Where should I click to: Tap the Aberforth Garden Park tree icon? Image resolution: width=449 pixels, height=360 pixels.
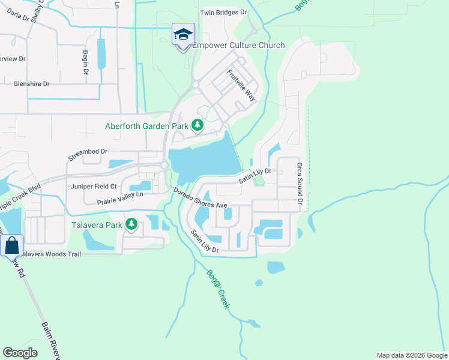coord(197,126)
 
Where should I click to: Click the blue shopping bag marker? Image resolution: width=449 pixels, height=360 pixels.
coord(11,246)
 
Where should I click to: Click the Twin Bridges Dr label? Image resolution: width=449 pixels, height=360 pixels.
coord(223,12)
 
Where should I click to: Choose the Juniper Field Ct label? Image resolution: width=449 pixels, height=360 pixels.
coord(94,187)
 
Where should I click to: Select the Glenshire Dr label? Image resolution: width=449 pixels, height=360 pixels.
coord(31,85)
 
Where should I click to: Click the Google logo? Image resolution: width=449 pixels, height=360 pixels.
coord(20,353)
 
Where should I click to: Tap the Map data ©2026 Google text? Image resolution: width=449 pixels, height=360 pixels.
coord(411,355)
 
